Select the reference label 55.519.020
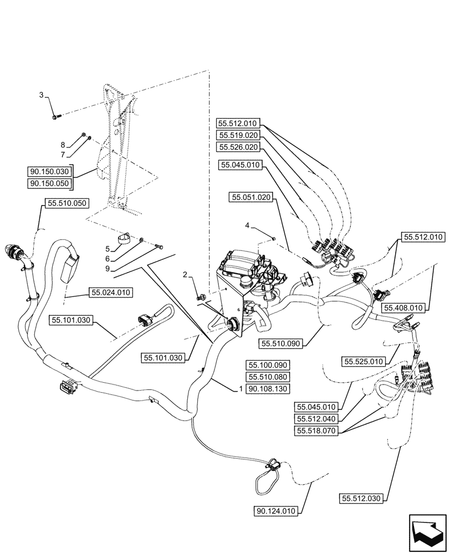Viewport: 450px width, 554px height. coord(238,135)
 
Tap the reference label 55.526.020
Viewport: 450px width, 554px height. coord(238,147)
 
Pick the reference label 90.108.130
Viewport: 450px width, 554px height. coord(267,389)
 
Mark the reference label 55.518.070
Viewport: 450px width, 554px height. coord(316,429)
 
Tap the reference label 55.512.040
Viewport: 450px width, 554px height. coord(316,418)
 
